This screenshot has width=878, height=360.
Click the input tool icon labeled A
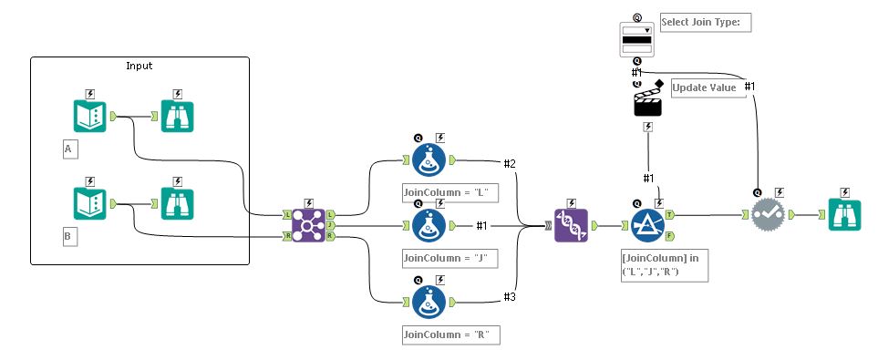click(89, 117)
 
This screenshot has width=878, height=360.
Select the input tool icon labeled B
click(89, 204)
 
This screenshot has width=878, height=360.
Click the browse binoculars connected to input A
click(177, 117)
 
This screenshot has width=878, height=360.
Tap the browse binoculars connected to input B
click(177, 204)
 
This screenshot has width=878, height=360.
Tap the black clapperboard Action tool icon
click(647, 99)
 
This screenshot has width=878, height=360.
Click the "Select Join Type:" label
click(704, 22)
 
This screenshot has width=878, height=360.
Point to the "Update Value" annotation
click(704, 87)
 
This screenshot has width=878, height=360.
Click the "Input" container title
click(139, 66)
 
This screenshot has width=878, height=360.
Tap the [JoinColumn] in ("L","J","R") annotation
click(659, 264)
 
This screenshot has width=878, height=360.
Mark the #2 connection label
click(510, 164)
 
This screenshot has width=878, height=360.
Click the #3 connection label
click(510, 295)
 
